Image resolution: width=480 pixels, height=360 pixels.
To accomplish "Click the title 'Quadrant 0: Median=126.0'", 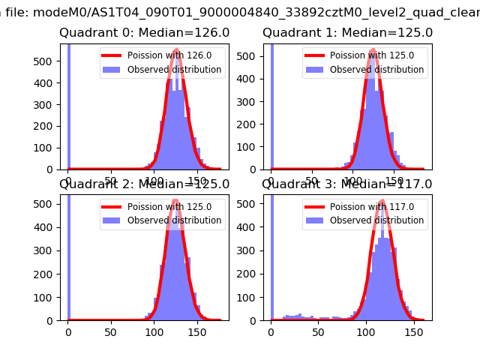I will (x=144, y=33).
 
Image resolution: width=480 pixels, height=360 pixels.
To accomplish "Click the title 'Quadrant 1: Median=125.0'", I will (x=347, y=33).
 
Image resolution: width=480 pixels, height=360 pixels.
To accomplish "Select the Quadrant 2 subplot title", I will (x=144, y=184).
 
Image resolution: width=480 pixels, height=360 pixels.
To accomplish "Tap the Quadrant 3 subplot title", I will (x=347, y=184).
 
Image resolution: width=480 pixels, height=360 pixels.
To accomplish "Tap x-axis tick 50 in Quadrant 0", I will (x=110, y=181).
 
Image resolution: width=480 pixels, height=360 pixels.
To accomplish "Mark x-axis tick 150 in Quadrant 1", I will (x=399, y=181).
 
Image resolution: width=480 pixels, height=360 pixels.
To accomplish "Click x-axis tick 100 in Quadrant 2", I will (x=154, y=331).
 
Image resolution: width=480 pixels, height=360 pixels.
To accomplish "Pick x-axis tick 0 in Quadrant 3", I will (x=271, y=331).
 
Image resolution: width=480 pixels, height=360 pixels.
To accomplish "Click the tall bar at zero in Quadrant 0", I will (x=68, y=105).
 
